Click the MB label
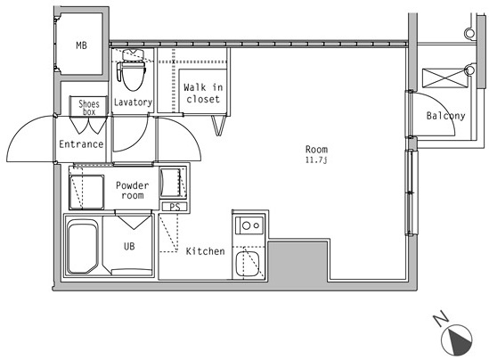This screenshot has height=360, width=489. click(x=81, y=45)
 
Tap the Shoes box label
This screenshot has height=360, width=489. click(x=89, y=108)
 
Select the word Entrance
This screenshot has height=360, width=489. click(x=81, y=144)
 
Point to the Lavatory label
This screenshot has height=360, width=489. click(x=133, y=102)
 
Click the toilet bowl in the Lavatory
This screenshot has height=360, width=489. click(x=134, y=75)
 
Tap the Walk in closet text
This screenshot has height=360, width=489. click(x=203, y=93)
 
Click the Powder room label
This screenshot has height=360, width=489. click(x=132, y=191)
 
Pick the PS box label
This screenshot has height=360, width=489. click(x=175, y=207)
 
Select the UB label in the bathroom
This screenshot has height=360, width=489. click(x=129, y=247)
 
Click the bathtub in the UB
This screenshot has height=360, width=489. click(x=83, y=247)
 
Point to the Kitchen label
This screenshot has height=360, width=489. click(x=205, y=251)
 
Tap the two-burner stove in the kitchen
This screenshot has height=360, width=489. click(x=249, y=225)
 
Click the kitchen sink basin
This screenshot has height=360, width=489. click(x=248, y=264)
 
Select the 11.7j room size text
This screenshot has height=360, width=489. click(x=316, y=160)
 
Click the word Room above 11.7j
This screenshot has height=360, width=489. click(x=316, y=149)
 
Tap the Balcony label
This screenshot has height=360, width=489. click(x=445, y=116)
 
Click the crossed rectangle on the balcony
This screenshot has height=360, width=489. click(x=444, y=78)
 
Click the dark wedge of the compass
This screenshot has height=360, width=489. click(x=460, y=342)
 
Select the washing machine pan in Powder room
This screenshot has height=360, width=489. click(x=86, y=192)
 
